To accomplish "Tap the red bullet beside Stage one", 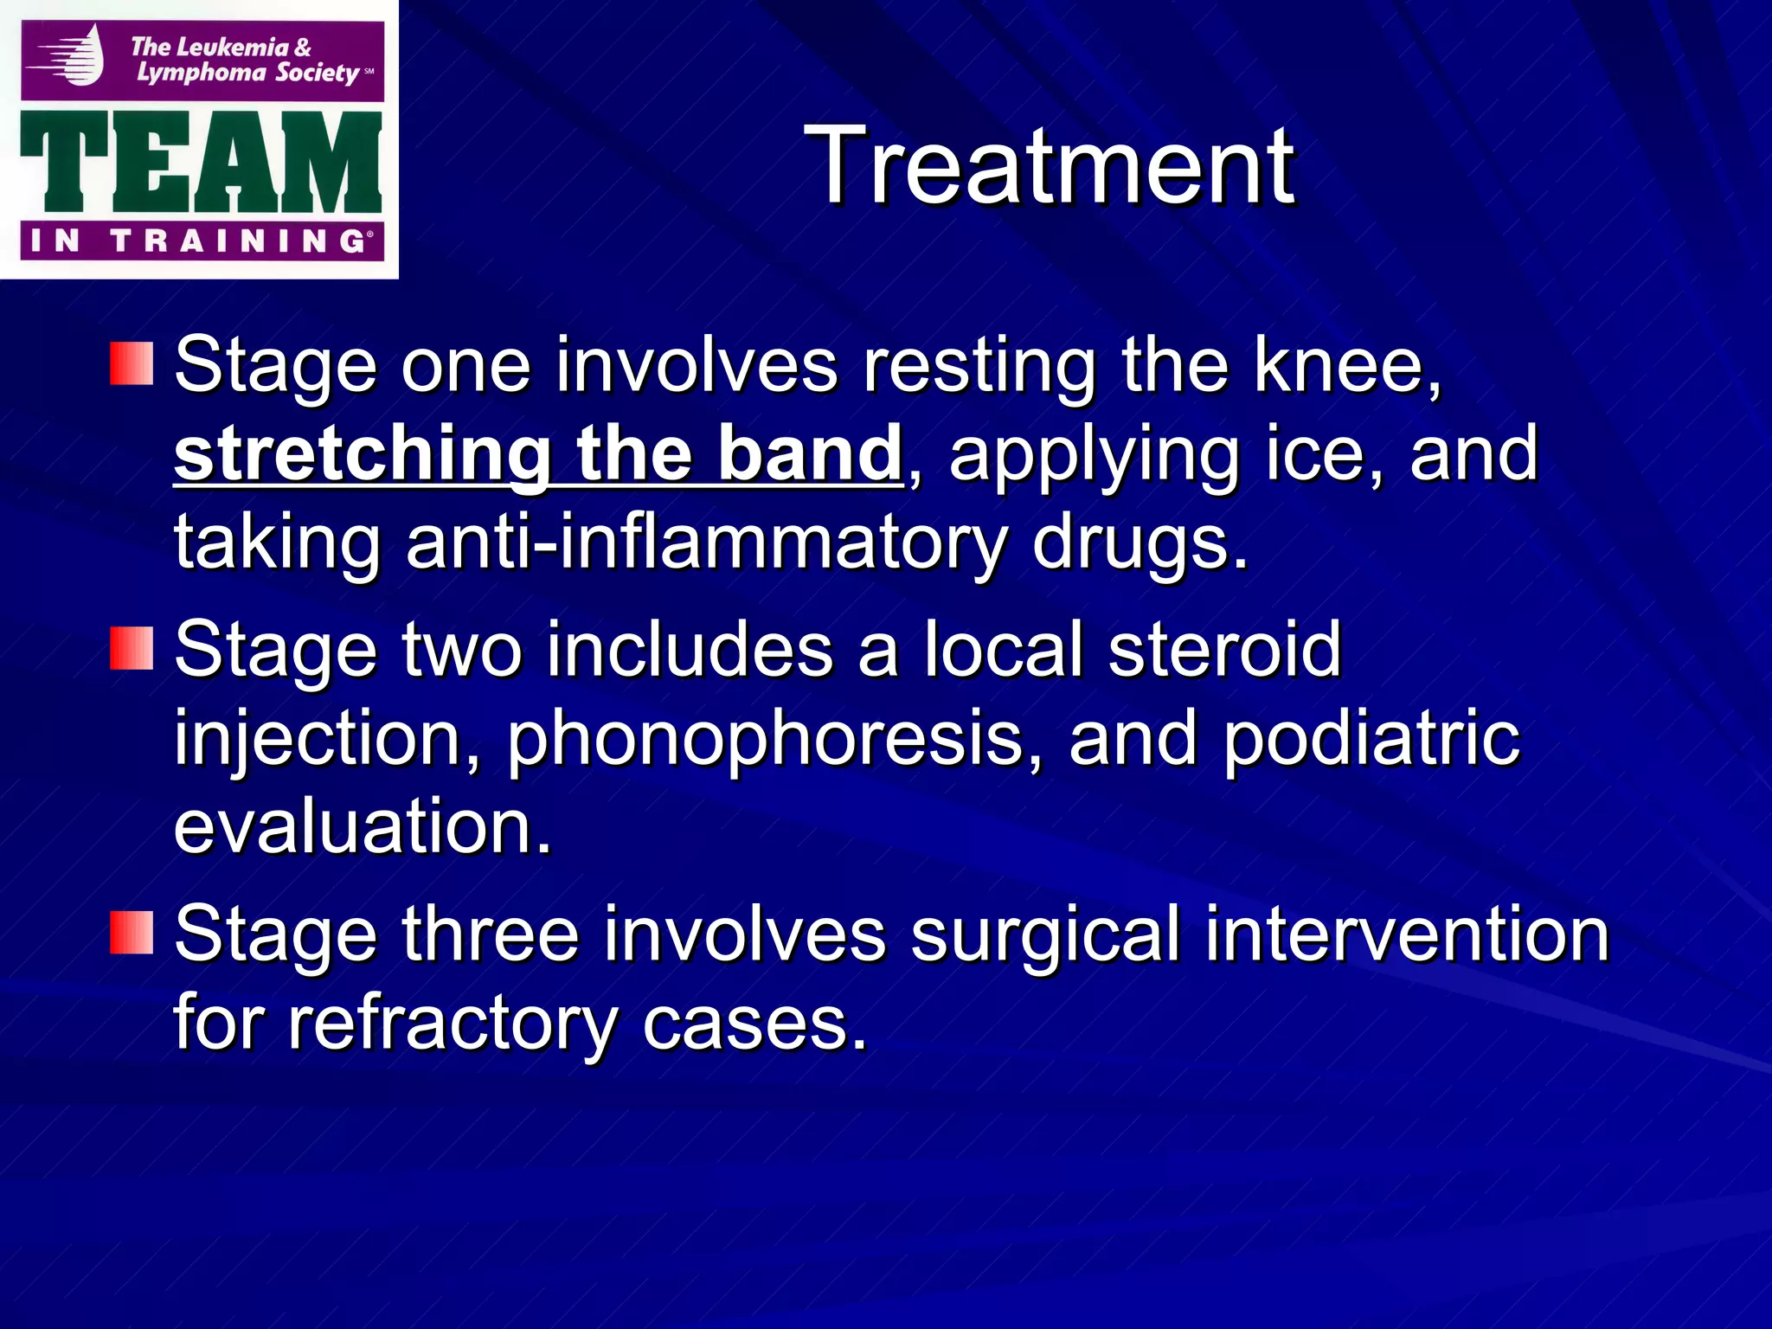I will [132, 363].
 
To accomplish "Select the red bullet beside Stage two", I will [132, 648].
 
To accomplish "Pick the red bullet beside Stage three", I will [132, 933].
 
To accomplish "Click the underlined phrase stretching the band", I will [538, 453].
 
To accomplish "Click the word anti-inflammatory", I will [705, 543].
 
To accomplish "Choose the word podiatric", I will [1371, 738].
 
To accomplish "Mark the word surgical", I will [1045, 934].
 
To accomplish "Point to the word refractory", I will [450, 1024].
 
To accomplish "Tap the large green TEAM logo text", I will [201, 163].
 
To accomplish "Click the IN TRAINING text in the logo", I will [201, 241].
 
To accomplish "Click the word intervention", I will [1406, 934].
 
